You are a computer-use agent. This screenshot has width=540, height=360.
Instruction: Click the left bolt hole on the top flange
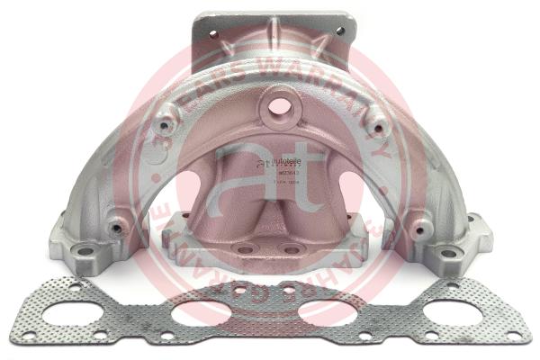point(213,34)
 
